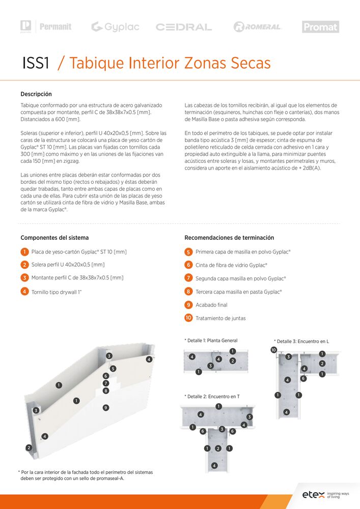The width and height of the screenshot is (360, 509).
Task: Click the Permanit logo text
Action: (56, 26)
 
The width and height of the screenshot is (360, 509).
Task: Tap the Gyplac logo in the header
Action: (115, 27)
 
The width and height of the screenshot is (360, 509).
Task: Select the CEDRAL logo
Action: (184, 27)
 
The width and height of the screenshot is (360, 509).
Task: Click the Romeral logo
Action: (258, 27)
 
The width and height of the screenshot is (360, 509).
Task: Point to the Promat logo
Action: (320, 27)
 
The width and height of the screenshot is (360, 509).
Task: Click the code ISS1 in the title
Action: (36, 64)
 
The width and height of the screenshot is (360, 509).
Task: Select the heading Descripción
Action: (36, 94)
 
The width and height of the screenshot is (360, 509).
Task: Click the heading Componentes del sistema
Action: (54, 238)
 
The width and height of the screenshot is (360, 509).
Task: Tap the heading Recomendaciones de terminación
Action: (229, 238)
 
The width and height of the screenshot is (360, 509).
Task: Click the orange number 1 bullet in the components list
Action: (24, 252)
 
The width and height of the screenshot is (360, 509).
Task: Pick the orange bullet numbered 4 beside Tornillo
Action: (24, 292)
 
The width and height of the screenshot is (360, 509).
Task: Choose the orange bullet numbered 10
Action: (188, 318)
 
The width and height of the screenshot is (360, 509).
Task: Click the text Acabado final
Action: (211, 305)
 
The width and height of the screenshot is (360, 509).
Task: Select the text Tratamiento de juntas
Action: (220, 318)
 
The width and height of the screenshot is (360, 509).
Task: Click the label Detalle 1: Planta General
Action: (211, 341)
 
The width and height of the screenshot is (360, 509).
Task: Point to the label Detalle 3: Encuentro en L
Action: (301, 341)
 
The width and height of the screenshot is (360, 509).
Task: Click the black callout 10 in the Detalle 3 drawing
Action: (273, 350)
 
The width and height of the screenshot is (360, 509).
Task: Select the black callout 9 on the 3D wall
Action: (105, 408)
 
